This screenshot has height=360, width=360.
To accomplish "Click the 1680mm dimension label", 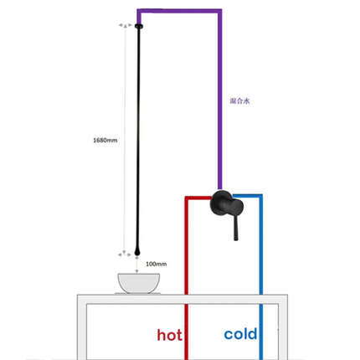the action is (105, 140).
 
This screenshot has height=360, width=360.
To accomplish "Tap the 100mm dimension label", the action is (157, 264).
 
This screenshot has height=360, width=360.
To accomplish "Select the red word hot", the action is (170, 334).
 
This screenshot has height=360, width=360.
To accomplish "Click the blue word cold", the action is (240, 333).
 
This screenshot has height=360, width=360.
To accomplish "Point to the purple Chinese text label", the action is (239, 100).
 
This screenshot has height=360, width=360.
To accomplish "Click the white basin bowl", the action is (139, 283).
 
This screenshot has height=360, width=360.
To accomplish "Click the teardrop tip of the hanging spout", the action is (137, 252).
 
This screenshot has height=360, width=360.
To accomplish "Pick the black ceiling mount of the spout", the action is (139, 26).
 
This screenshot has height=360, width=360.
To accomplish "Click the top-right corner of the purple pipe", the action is (220, 11).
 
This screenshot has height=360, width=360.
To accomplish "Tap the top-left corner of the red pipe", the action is (187, 198).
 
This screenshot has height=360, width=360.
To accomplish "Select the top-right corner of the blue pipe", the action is (260, 196).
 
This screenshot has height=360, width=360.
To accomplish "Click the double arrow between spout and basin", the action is (136, 265).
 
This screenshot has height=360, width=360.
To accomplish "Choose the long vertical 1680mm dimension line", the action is (126, 140).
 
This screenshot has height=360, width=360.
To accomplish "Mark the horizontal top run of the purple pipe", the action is (179, 11).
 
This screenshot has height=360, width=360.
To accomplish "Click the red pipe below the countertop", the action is (187, 332).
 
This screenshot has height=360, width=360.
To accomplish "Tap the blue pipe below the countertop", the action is (261, 332).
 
